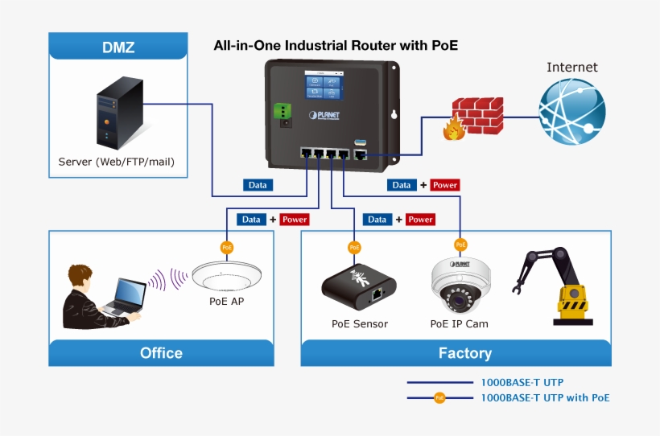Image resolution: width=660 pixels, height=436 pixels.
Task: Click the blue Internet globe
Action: [571, 112]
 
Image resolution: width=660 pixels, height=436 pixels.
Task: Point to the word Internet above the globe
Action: [572, 68]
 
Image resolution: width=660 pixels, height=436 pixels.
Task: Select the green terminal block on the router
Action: [283, 113]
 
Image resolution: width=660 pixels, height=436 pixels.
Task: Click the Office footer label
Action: [161, 353]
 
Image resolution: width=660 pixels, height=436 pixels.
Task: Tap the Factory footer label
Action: [464, 353]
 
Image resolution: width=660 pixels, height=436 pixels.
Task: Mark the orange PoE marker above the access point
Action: [226, 247]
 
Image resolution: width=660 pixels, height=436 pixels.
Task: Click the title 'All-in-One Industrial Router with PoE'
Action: [335, 46]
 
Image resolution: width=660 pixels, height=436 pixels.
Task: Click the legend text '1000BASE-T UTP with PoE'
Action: [545, 397]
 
